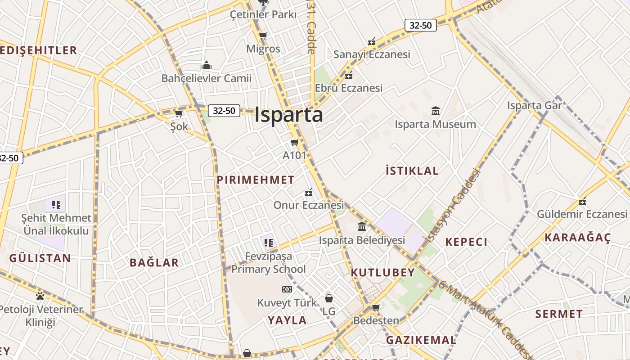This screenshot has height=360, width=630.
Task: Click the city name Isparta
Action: (288, 115)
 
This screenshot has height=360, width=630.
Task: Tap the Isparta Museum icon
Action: (435, 111)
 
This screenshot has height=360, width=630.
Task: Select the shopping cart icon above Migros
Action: (263, 36)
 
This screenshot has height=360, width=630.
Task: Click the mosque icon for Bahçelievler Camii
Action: (207, 65)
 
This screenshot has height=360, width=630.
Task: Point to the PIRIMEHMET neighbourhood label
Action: (256, 180)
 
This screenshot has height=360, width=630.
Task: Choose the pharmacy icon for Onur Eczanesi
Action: (309, 192)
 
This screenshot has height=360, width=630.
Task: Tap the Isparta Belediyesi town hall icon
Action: (362, 226)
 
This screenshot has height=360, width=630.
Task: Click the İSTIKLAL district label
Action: (412, 171)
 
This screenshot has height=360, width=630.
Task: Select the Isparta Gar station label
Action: (535, 105)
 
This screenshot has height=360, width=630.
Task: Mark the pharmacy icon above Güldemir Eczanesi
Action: (582, 201)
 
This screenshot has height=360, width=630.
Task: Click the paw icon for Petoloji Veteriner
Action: (40, 296)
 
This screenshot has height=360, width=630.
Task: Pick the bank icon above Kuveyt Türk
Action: (287, 289)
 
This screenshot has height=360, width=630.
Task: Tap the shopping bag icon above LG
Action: (329, 298)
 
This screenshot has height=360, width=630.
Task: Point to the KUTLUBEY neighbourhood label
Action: (382, 273)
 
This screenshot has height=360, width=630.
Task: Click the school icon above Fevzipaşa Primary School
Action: (269, 243)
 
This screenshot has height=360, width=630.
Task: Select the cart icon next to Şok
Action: (179, 113)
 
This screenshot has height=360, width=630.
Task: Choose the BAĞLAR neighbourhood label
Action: (154, 263)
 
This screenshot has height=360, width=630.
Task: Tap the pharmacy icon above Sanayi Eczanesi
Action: (372, 41)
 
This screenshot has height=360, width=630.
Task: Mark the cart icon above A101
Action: (294, 143)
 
